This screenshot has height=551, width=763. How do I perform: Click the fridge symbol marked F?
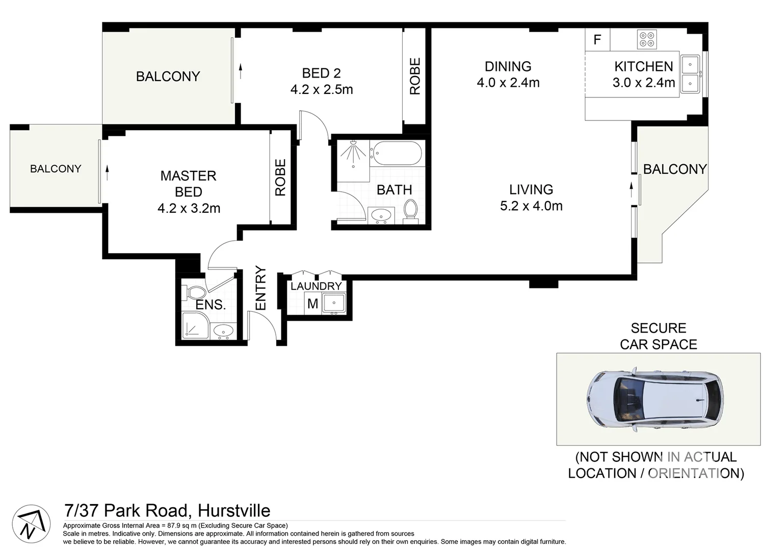tap(597, 39)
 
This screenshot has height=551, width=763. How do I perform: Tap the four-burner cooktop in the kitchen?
tap(647, 39)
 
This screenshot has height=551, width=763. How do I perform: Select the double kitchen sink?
tap(690, 73)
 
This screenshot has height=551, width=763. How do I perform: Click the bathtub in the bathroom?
tap(397, 153)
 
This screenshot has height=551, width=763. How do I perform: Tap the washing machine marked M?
tap(312, 304)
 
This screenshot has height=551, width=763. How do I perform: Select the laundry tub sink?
tap(334, 303)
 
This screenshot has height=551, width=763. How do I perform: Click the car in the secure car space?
tap(655, 399)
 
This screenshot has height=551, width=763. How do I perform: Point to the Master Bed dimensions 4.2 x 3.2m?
tap(189, 208)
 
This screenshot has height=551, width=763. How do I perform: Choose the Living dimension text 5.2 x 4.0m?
tap(531, 206)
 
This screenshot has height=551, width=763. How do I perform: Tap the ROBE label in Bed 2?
tap(415, 76)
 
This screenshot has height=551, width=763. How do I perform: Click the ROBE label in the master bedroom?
tap(280, 178)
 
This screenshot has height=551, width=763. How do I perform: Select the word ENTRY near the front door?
tap(260, 288)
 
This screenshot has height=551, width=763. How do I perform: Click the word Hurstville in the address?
tap(234, 510)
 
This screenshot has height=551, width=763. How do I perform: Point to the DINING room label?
tap(508, 66)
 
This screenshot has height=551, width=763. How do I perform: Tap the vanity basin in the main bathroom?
tap(381, 216)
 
